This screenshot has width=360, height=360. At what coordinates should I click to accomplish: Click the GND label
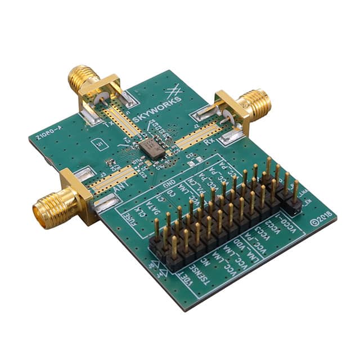tap(168, 187)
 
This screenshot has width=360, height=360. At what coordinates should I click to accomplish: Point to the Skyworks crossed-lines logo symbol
tap(174, 89)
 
